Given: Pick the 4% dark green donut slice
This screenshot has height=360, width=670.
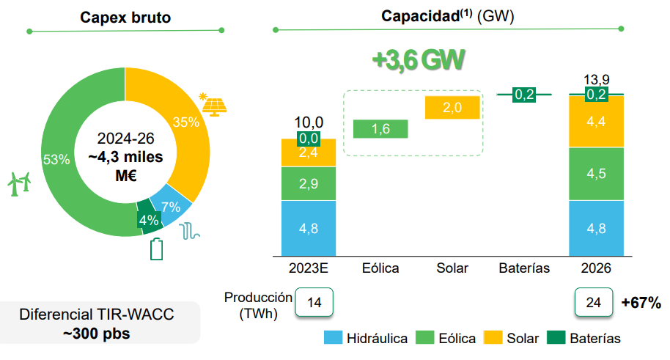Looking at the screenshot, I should [x=149, y=219].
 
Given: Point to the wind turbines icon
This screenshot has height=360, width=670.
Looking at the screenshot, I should [x=20, y=183].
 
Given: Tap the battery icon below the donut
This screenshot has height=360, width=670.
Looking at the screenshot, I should [x=157, y=249].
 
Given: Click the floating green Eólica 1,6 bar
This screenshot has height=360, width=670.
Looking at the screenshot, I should [x=380, y=129].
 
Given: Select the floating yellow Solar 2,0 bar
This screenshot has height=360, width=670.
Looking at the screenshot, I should [x=452, y=108].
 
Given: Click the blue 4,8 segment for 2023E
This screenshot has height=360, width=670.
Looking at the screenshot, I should [x=309, y=228].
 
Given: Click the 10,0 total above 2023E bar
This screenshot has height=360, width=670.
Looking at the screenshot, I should [x=309, y=122].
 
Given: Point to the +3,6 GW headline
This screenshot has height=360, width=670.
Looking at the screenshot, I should [x=418, y=61].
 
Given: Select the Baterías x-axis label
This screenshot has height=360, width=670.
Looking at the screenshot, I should [x=524, y=268].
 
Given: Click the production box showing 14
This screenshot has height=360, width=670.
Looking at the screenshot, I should [x=314, y=302].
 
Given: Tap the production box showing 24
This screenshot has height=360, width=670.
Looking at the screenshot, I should [x=594, y=302].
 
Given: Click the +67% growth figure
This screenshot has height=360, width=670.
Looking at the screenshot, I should [x=641, y=302].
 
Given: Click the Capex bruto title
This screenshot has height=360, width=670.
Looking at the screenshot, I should [x=125, y=17].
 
